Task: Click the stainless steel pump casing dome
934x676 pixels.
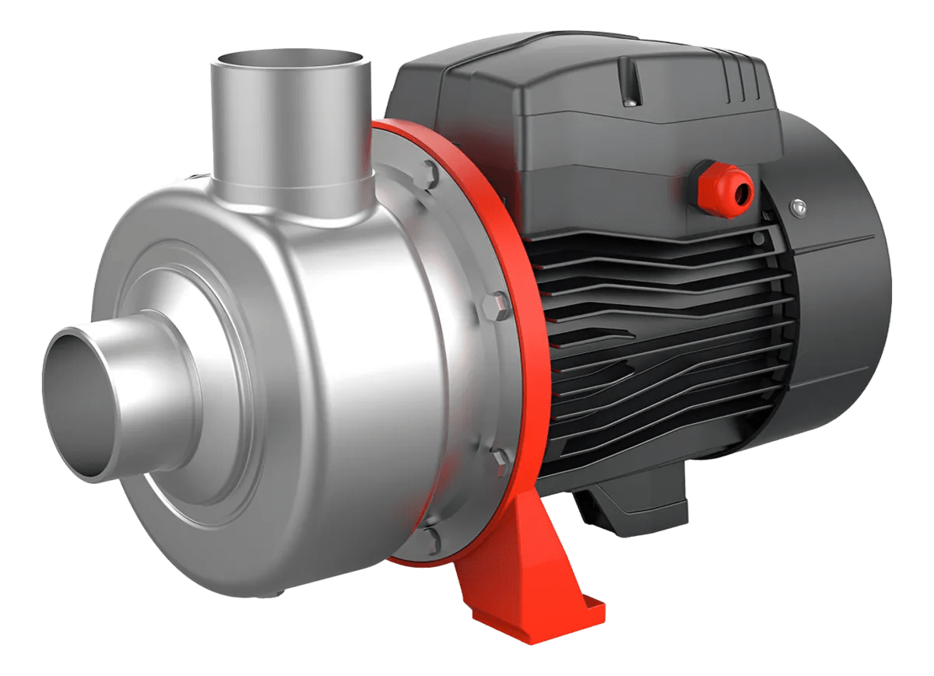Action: coord(311,373)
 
